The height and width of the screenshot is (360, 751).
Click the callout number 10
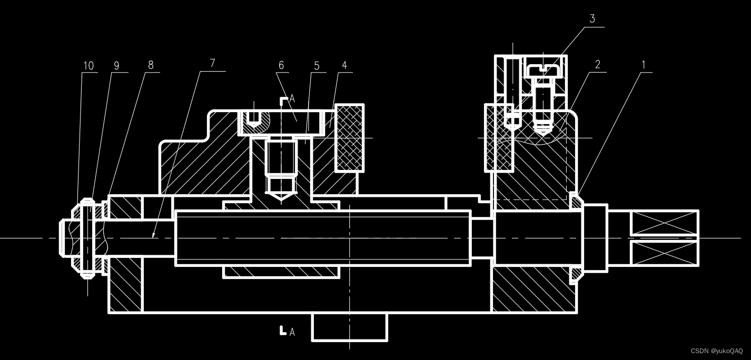(x=88, y=66)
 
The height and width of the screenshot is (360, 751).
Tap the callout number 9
(x=116, y=66)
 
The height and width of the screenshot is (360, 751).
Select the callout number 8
(x=151, y=65)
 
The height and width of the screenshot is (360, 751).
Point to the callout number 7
(x=212, y=63)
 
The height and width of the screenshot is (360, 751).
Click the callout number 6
(x=281, y=65)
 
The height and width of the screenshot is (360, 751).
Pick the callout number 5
(x=317, y=66)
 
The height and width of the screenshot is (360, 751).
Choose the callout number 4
(x=344, y=66)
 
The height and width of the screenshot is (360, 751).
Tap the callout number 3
(x=592, y=19)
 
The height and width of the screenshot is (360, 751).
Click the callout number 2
(x=598, y=65)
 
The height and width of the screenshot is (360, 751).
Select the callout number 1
(x=643, y=65)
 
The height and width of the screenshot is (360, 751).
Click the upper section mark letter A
(x=292, y=99)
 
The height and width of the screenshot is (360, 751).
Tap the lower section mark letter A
(x=292, y=332)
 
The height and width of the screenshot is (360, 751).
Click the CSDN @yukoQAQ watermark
(x=716, y=351)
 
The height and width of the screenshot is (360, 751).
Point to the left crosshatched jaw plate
(x=350, y=137)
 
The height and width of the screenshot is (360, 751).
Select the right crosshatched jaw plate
(x=499, y=138)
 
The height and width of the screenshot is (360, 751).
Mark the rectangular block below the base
(x=349, y=327)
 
